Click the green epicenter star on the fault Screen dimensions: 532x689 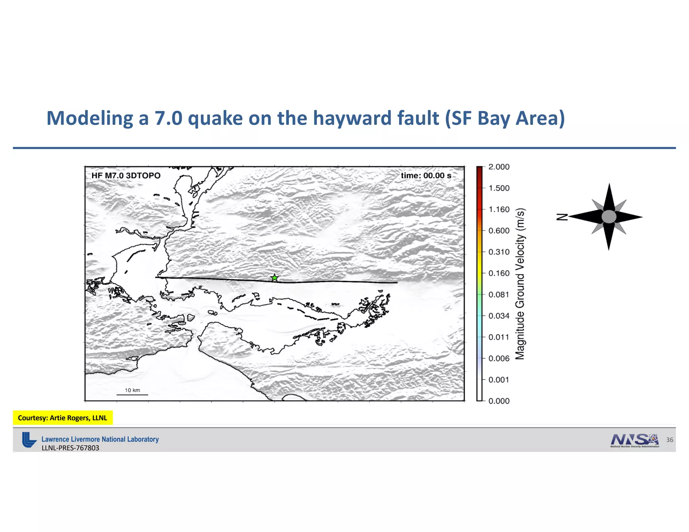(275, 278)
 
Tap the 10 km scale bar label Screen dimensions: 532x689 (132, 390)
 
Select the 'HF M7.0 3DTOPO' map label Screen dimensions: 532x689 (126, 176)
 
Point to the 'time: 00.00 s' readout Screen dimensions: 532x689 (426, 176)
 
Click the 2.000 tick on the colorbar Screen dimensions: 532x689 (499, 167)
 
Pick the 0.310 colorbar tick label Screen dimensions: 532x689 (499, 252)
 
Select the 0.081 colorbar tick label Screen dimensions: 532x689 (499, 295)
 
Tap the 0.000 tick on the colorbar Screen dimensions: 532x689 (499, 401)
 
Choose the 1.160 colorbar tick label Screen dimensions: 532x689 (499, 210)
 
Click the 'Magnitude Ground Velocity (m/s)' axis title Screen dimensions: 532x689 (520, 284)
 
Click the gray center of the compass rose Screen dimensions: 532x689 (609, 217)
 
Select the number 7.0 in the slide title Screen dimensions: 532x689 (168, 118)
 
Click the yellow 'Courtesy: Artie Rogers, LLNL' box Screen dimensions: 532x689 (63, 418)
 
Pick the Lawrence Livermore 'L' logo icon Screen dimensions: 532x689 (29, 440)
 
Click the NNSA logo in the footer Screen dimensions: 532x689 (634, 440)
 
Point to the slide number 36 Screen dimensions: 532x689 (669, 440)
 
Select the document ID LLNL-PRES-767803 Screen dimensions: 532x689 (70, 448)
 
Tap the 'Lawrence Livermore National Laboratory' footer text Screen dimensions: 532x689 (100, 439)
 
